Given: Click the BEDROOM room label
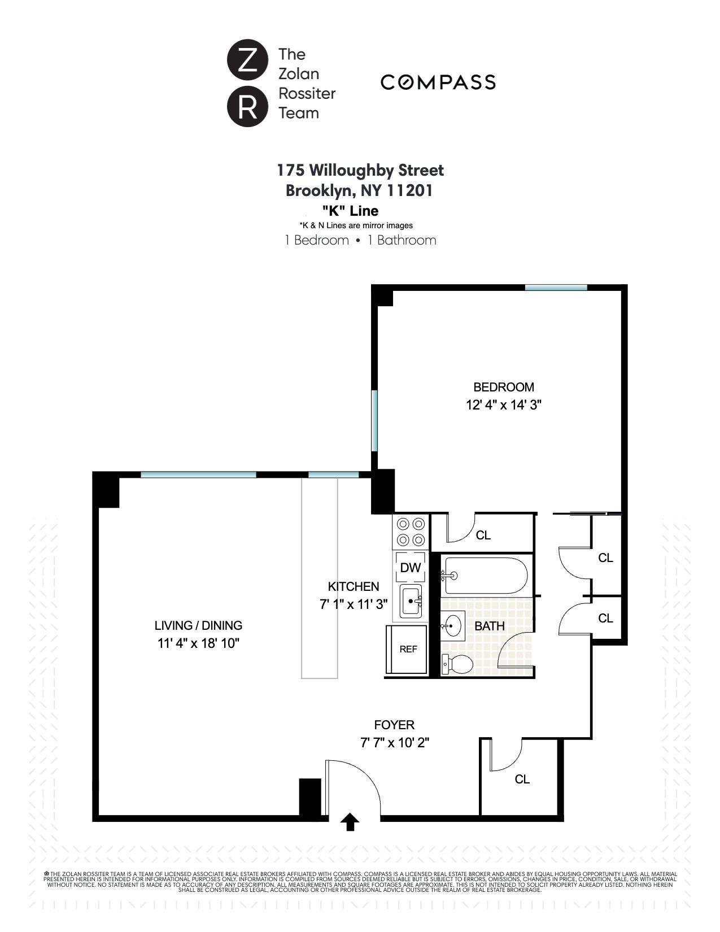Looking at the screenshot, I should coord(503,387).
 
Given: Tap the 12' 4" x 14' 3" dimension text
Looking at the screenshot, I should coord(504,405).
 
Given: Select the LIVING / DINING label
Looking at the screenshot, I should coord(198,625).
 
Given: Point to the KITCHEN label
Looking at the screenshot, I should coord(354,586).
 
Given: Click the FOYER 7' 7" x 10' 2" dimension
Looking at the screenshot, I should coord(394,742).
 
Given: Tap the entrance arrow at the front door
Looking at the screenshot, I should coord(350,822).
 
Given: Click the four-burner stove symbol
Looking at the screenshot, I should coord(411,532).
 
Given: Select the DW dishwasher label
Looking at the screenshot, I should coord(410,568).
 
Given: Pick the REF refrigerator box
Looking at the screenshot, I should coord(408,649).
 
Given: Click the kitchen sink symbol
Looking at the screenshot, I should coord(411,602).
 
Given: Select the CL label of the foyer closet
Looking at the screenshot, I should coord(522,779).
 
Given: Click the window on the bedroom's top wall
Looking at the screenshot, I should coord(556,288).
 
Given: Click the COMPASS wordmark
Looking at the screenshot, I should coord(438,82).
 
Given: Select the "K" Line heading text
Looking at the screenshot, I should coord(350,211).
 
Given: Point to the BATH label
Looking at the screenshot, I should coord(489,626).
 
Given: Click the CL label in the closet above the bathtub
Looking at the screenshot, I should coord(483,535).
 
